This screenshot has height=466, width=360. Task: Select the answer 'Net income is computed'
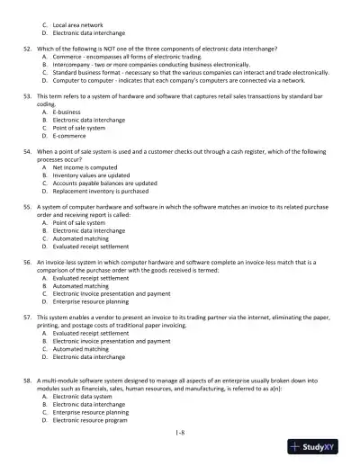(x=86, y=166)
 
